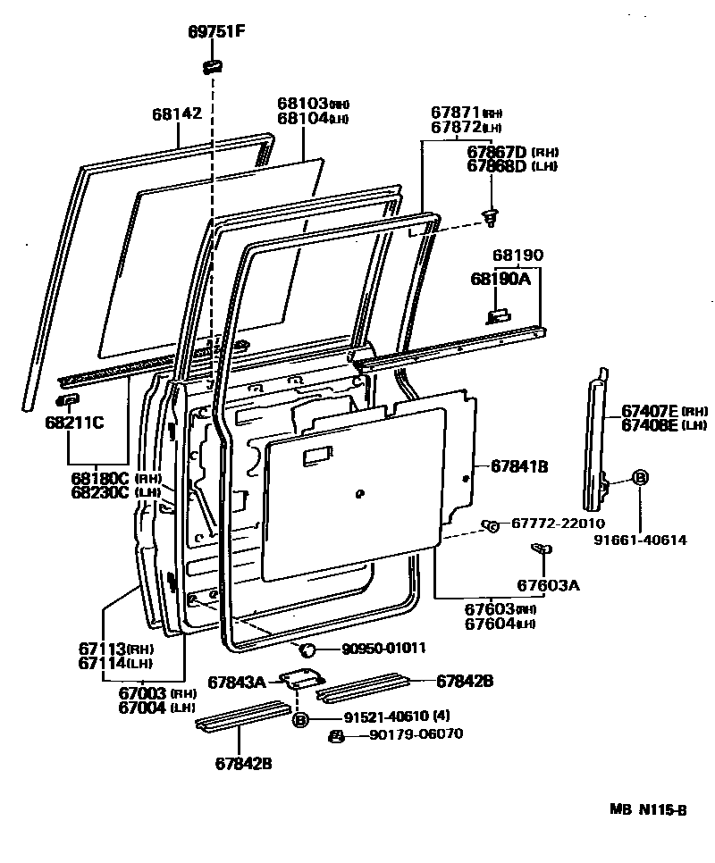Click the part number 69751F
pos(215,33)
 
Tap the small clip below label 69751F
pos(213,65)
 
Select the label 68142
pos(177,113)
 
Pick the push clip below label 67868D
pos(490,214)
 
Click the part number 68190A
pos(500,279)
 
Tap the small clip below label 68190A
pos(499,314)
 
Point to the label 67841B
pos(518,465)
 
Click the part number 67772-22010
pos(558,524)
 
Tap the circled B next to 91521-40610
pos(300,718)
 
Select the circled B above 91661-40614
pos(640,478)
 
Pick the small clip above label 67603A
pos(539,549)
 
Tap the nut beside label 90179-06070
pos(337,735)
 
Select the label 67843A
pos(237,683)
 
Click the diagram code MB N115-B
pos(649,810)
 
